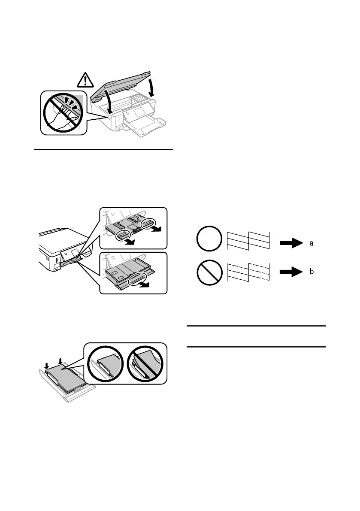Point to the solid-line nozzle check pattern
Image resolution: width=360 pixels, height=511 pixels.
pyautogui.click(x=248, y=240)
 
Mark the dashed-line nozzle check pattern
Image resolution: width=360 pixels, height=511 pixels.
pyautogui.click(x=248, y=271)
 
